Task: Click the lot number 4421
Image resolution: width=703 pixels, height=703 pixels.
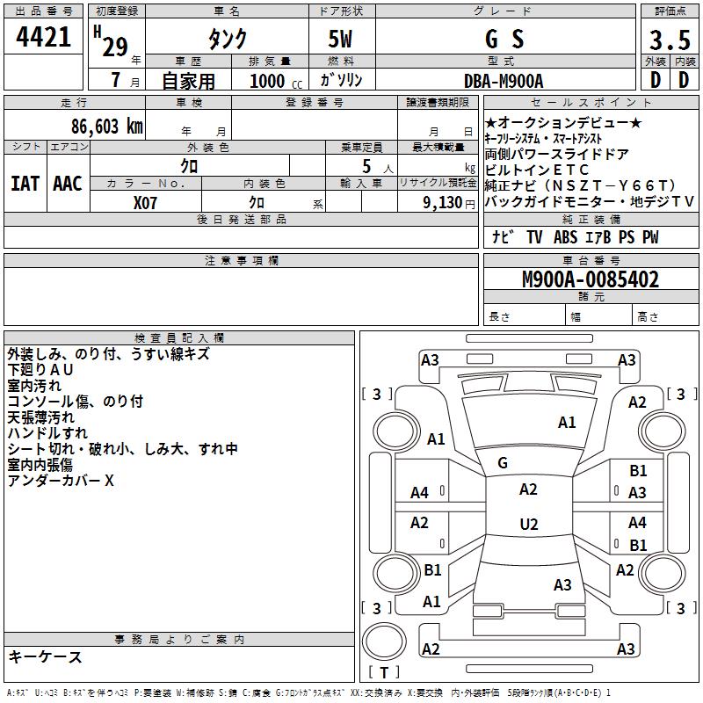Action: (43, 37)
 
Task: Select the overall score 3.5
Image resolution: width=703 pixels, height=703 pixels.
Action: (669, 40)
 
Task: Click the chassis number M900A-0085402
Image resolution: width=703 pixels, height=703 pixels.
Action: (591, 280)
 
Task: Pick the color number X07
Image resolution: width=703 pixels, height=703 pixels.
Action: (146, 202)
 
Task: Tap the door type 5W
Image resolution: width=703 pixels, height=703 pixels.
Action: (341, 40)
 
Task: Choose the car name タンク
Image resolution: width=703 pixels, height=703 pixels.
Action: (227, 40)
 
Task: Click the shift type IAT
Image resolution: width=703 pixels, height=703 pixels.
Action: (25, 184)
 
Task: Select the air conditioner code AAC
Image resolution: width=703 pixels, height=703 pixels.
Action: (67, 184)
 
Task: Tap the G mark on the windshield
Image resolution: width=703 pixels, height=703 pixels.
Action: (503, 462)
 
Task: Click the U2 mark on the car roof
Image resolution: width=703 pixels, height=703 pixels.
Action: (528, 525)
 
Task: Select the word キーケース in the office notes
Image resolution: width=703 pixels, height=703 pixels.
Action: (46, 657)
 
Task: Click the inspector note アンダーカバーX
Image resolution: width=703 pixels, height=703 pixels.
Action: (62, 481)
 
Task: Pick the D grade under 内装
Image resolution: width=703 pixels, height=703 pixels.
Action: (685, 80)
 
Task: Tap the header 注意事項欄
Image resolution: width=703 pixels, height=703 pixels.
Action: (241, 261)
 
